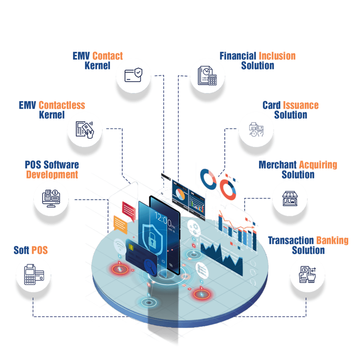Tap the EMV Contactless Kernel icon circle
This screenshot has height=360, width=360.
85,129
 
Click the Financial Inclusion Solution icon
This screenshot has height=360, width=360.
207,75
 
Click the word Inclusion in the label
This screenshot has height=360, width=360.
277,56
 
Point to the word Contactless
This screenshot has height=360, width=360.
62,105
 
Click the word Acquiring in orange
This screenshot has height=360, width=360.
318,165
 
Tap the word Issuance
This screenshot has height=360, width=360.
301,105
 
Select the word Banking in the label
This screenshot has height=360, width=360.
332,241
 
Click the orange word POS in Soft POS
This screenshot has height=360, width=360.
39,250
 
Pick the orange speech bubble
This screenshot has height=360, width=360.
120,224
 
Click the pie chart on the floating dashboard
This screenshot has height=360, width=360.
180,194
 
